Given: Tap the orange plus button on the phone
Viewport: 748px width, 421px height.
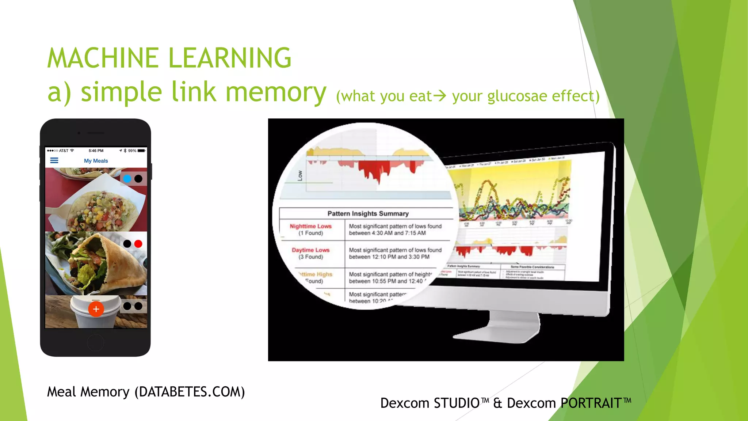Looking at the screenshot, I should coord(96,309).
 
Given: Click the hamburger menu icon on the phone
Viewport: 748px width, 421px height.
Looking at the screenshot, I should coord(54,160).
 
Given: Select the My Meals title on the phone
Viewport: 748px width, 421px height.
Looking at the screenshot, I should coord(96,161).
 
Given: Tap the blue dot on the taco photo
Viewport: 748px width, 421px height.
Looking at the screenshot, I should coord(127,179).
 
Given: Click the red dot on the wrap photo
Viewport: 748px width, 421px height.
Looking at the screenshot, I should coord(138,244).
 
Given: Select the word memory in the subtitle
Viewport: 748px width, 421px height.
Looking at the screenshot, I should coord(276,92).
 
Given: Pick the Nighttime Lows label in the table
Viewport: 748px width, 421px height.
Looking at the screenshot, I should coord(310,226).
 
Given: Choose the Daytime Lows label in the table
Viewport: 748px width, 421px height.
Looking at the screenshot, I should coord(310,250).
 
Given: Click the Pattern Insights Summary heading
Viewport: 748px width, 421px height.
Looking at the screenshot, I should coord(368,213).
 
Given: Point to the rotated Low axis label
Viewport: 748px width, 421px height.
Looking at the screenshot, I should coord(300,175).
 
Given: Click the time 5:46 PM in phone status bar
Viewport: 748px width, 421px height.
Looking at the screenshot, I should coord(96,151).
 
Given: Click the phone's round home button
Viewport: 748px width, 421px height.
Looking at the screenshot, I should coord(96,342).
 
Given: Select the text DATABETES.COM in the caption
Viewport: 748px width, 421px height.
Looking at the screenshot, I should coord(190,392).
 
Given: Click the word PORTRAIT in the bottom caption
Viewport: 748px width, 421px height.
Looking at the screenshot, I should coord(591,403).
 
